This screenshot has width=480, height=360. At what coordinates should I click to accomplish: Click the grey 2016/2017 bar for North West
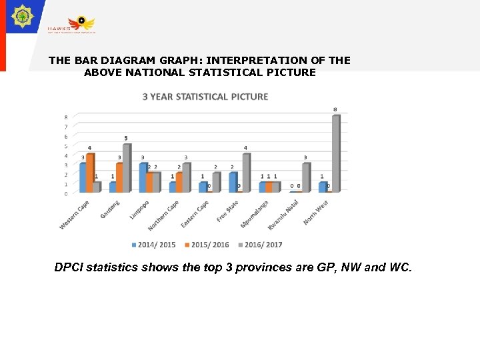[336, 153]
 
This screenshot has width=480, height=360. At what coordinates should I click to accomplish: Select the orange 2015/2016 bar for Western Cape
[90, 173]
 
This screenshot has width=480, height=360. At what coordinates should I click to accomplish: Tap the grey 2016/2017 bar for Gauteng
[126, 168]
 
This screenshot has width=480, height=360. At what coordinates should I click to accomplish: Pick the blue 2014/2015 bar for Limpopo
[143, 177]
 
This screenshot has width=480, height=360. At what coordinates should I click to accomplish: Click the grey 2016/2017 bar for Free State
[245, 173]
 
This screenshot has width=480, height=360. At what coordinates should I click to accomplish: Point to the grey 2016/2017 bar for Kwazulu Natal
[305, 177]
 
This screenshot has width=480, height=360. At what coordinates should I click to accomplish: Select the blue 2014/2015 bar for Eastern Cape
[203, 187]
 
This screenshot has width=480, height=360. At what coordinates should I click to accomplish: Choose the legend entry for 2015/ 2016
[207, 245]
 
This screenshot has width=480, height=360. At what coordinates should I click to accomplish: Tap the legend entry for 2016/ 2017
[260, 245]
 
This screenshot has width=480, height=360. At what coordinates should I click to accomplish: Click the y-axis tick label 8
[65, 116]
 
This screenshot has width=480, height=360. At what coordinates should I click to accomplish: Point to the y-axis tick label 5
[65, 145]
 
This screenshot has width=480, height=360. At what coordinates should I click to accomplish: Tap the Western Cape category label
[75, 215]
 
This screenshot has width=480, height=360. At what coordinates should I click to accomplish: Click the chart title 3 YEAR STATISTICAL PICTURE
[205, 97]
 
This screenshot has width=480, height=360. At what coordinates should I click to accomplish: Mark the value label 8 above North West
[335, 109]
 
